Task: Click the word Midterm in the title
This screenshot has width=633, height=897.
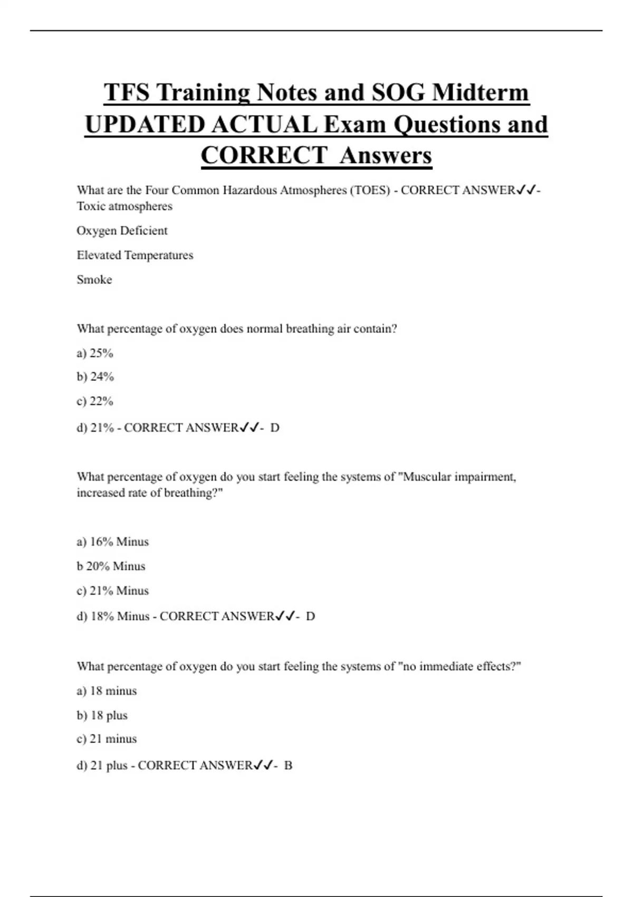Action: click(x=480, y=93)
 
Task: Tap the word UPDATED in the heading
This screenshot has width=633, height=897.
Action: click(x=145, y=125)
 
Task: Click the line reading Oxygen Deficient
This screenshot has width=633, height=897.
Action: click(x=122, y=231)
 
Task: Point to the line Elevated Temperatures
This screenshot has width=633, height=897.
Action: click(x=135, y=255)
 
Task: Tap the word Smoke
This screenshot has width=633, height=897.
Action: click(x=94, y=280)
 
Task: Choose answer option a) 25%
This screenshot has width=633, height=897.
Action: click(x=95, y=353)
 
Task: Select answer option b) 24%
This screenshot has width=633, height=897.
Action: click(x=95, y=377)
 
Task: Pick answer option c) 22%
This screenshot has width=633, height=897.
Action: click(x=95, y=402)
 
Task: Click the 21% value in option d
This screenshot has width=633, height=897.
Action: click(x=102, y=428)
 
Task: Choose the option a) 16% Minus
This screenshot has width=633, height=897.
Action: click(x=112, y=542)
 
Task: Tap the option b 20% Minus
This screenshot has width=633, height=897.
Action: click(x=111, y=566)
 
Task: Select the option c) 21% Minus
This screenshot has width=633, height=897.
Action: click(x=112, y=591)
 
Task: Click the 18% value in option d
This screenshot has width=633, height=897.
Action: click(x=102, y=616)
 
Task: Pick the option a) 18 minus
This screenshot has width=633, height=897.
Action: click(x=107, y=691)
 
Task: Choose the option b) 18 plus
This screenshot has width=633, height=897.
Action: click(x=102, y=715)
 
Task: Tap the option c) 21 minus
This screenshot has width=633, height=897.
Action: click(x=107, y=739)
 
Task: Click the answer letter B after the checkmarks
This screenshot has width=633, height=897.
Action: click(x=288, y=766)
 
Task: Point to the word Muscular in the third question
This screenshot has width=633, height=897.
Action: click(x=426, y=477)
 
